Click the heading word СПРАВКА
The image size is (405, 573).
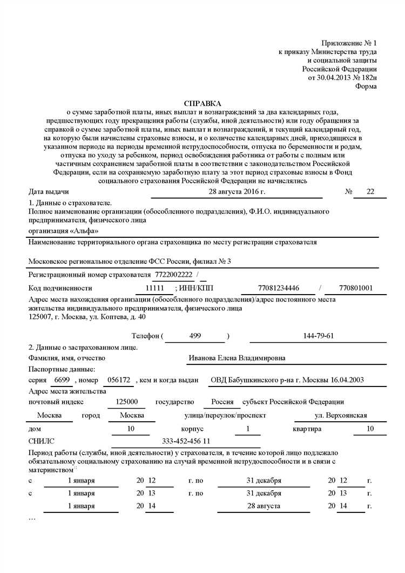point(202,103)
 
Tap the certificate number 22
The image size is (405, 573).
point(369,191)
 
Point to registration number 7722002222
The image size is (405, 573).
point(173,275)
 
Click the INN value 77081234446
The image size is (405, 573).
point(279,288)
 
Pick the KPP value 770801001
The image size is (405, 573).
point(356,288)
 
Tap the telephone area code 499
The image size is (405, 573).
point(195,336)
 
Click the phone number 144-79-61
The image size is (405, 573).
point(319,336)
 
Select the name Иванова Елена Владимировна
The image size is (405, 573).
point(237,358)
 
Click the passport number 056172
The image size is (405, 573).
point(119,380)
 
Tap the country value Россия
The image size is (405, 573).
point(222,402)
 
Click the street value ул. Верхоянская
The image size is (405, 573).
point(341,415)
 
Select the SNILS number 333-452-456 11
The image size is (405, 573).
point(186,442)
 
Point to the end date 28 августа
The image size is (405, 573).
point(264,506)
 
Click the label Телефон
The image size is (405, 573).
point(146,336)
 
